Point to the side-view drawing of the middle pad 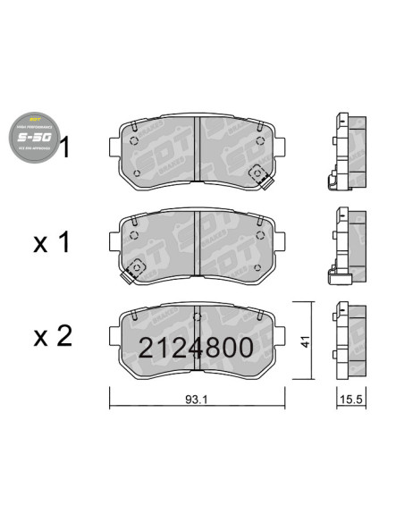click(x=347, y=245)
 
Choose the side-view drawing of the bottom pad click(x=347, y=339)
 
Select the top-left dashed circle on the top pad click(x=134, y=140)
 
